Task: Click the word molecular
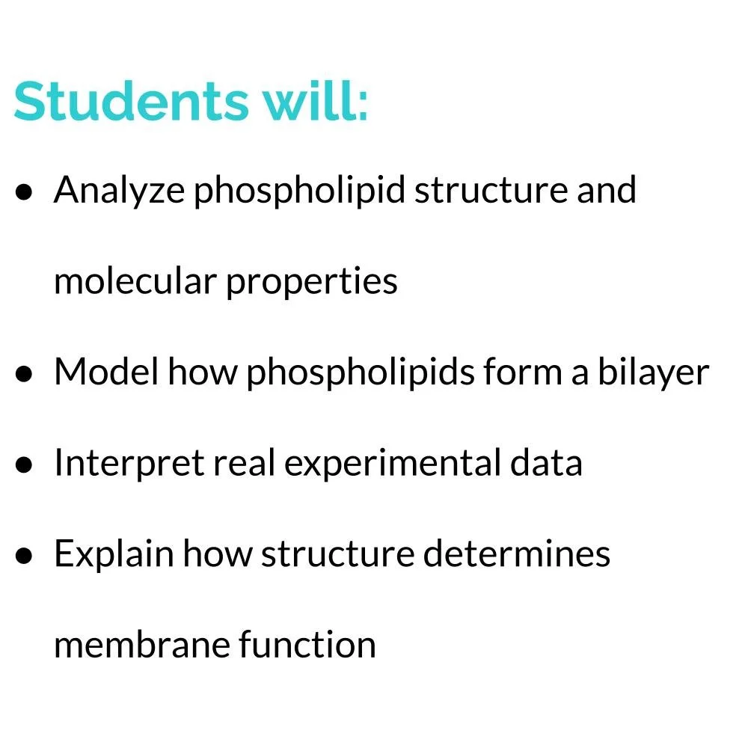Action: (x=135, y=281)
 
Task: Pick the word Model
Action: (x=105, y=372)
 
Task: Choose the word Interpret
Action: (x=129, y=464)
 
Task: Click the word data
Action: (x=546, y=463)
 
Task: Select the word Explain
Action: (x=114, y=555)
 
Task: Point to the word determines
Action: (x=517, y=554)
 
